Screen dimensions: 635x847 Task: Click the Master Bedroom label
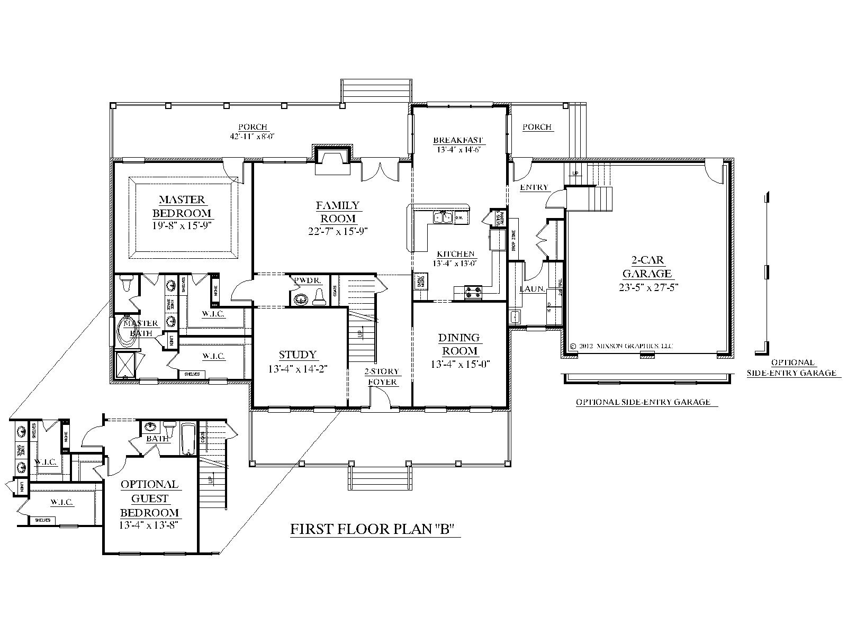click(x=182, y=206)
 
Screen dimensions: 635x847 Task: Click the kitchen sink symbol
click(x=443, y=217)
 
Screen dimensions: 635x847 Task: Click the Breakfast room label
click(x=458, y=140)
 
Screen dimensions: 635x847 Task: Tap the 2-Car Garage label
click(x=647, y=267)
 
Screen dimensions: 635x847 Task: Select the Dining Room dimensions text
click(x=458, y=364)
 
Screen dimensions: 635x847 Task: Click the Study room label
click(x=298, y=355)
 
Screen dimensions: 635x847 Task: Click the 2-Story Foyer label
click(x=381, y=377)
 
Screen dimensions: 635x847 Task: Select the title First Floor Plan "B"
click(x=373, y=530)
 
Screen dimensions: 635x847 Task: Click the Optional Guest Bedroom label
click(x=149, y=498)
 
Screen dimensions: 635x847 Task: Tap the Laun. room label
click(x=529, y=289)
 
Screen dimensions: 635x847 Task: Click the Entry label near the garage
click(x=534, y=187)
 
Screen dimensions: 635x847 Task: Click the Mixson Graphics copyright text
click(x=621, y=346)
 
